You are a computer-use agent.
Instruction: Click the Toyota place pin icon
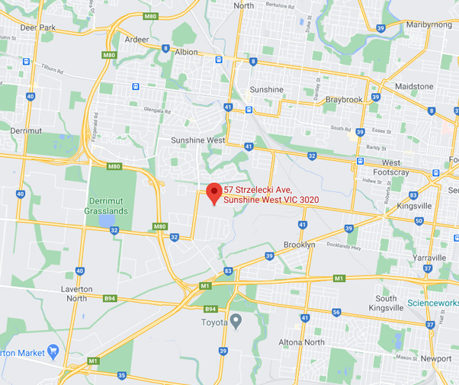click(236, 321)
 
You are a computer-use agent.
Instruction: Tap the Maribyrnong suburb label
click(429, 24)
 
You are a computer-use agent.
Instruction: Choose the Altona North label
click(302, 342)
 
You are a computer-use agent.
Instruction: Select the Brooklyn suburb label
click(298, 245)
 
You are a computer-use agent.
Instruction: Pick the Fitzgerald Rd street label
click(95, 124)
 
